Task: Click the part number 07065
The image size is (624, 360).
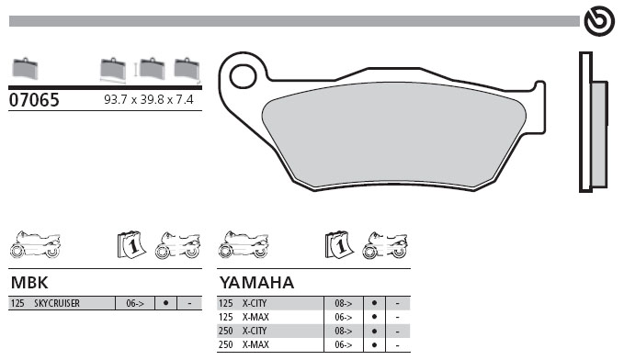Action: [34, 100]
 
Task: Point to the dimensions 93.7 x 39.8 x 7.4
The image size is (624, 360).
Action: [149, 99]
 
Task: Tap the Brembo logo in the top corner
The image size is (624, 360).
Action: [599, 21]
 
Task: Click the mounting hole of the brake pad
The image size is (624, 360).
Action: [244, 76]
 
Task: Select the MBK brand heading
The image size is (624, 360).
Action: [29, 283]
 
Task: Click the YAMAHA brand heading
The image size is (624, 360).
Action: [256, 283]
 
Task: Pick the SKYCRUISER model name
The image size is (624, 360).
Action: [57, 303]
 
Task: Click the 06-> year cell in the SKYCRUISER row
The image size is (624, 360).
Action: [135, 303]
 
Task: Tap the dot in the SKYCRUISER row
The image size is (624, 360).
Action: [165, 303]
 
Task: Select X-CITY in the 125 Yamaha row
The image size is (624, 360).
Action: [255, 303]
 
